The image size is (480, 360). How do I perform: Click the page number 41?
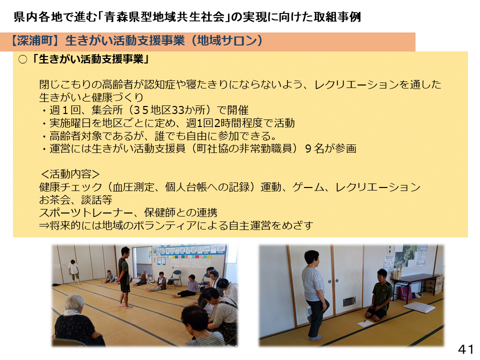pos(465,349)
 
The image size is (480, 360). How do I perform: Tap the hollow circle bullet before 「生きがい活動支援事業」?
pos(22,59)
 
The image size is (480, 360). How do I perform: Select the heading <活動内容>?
pos(70,174)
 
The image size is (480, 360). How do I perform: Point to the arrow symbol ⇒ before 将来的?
pos(44,225)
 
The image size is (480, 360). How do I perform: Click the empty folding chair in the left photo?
pos(175,278)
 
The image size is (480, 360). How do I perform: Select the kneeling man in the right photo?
pos(379,295)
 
